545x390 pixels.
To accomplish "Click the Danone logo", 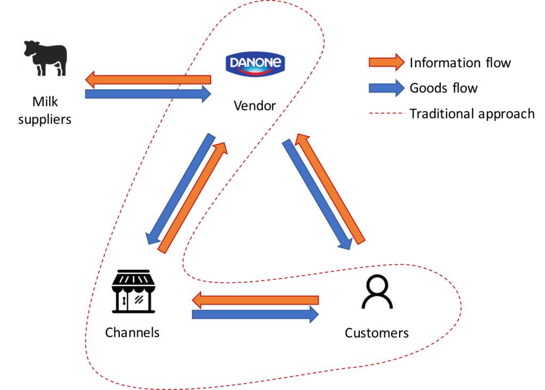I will pos(255,64).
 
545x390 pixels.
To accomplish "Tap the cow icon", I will pos(45,59).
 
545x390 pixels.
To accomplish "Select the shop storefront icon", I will pos(133,292).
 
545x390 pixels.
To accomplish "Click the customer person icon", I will pos(377,292).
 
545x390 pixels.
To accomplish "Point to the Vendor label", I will pos(254,105).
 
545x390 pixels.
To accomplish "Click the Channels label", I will pos(132,333).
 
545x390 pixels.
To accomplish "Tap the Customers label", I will pos(377,333).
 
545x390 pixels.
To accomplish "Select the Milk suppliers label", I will pos(45,110).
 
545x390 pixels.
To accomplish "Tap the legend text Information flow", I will pos(460,63).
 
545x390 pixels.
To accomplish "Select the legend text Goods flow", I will pos(443,88).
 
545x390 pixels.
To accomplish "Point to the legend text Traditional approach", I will pos(472,114).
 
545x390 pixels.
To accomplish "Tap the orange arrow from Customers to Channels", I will pos(255,300).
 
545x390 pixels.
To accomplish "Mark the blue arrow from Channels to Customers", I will pos(255,314).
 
